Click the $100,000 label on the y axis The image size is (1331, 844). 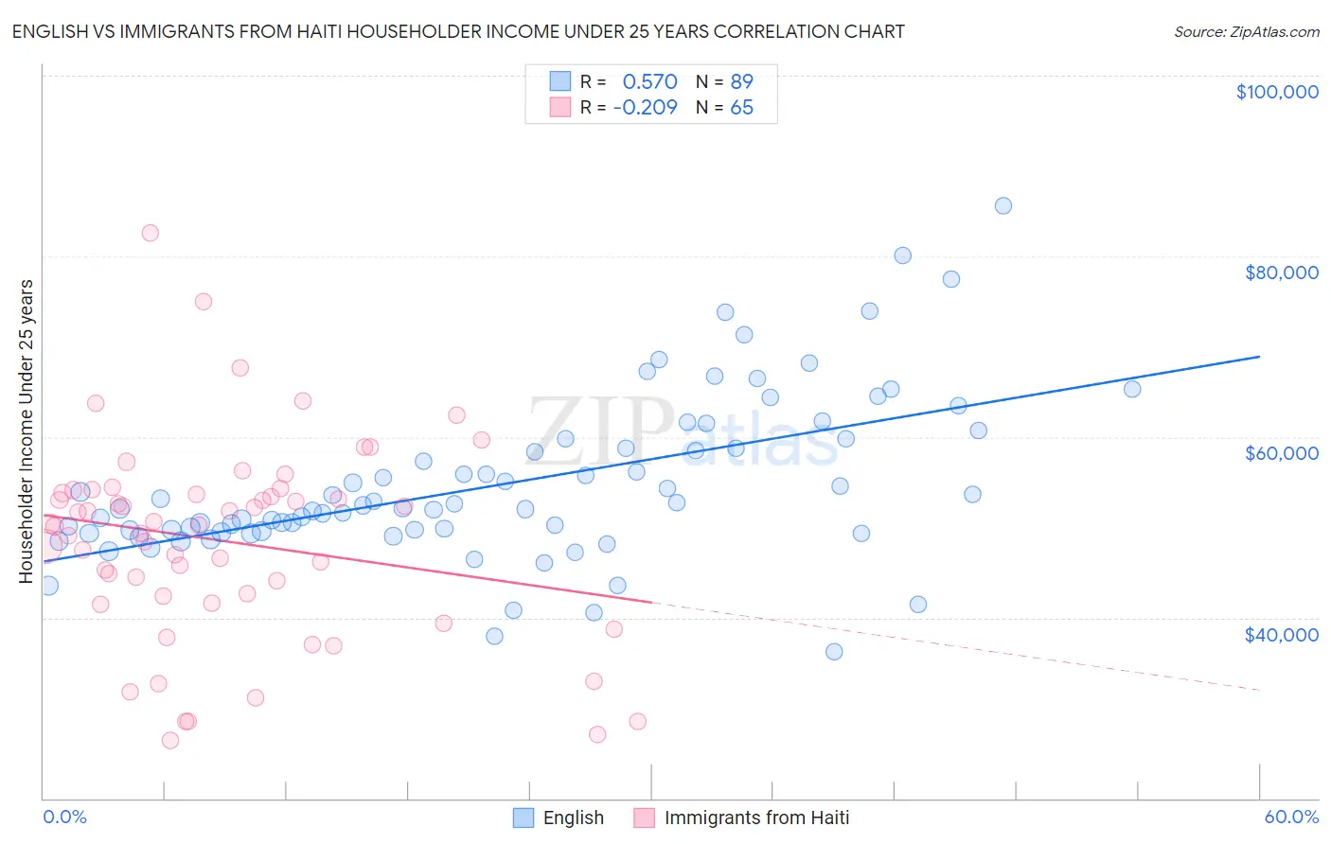click(x=1277, y=92)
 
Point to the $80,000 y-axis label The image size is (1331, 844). click(x=1281, y=273)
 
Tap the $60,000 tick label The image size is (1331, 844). click(x=1281, y=453)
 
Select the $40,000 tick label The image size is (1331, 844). click(x=1281, y=635)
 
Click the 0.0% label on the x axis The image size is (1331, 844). click(x=64, y=817)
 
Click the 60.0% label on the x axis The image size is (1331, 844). click(x=1290, y=817)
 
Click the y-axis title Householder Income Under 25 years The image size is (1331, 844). click(x=27, y=431)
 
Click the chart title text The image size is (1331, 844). click(x=458, y=31)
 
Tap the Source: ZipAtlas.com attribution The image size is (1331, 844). click(x=1246, y=31)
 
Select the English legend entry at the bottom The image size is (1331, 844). click(x=573, y=818)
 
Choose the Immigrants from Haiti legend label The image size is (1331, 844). click(x=755, y=818)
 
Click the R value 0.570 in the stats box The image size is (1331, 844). click(x=649, y=81)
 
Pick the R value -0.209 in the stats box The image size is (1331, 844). click(x=646, y=107)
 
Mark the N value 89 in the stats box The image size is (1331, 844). click(x=741, y=81)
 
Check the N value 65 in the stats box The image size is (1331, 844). click(x=741, y=107)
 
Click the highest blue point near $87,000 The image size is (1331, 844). click(x=1003, y=206)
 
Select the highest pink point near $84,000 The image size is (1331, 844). click(x=150, y=233)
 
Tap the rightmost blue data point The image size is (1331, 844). click(x=1132, y=389)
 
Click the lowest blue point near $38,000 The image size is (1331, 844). click(x=834, y=651)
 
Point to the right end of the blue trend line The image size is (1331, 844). click(x=1259, y=357)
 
